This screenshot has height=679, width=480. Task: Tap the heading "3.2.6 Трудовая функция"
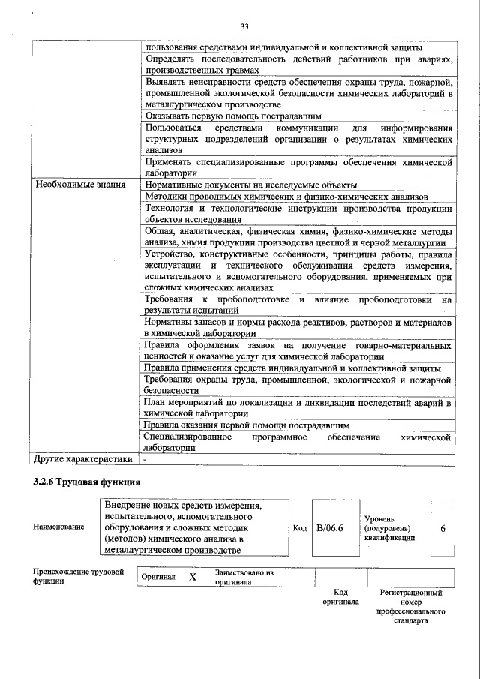point(87,482)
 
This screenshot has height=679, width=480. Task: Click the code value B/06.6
point(330,528)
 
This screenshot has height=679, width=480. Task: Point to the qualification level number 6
point(442,528)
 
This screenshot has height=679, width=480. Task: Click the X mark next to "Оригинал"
point(192,578)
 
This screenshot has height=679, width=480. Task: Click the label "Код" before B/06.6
point(300,528)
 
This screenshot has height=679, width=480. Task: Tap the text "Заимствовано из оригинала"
point(243,577)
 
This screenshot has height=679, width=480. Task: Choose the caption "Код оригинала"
point(340,597)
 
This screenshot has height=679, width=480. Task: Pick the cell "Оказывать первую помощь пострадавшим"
point(233,116)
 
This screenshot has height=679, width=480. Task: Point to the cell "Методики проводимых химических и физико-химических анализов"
point(286,196)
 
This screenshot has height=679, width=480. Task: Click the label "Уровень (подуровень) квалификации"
point(388,528)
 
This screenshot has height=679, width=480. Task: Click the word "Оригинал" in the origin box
point(157,578)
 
